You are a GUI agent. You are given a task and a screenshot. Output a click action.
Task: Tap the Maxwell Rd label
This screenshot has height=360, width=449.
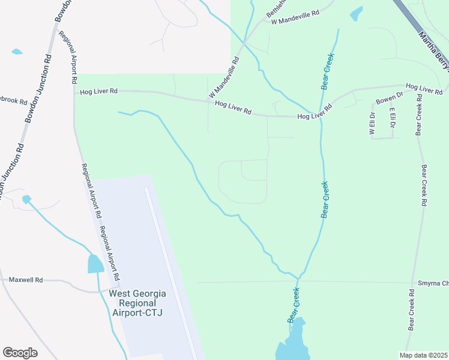tap(26, 280)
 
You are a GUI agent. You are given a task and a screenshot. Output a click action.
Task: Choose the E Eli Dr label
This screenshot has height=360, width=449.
tap(392, 118)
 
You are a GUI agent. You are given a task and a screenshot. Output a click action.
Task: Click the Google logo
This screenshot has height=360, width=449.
tap(20, 353)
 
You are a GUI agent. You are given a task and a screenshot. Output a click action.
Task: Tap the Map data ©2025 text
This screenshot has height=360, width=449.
tap(423, 355)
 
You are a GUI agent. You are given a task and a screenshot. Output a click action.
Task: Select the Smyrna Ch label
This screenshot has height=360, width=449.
tap(432, 282)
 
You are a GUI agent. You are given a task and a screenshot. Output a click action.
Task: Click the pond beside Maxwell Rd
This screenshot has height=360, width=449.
tap(95, 263)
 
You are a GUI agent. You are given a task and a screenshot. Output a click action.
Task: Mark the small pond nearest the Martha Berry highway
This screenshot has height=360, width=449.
tap(357, 13)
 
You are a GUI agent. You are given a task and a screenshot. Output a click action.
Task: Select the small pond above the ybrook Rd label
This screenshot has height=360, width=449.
tap(17, 52)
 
